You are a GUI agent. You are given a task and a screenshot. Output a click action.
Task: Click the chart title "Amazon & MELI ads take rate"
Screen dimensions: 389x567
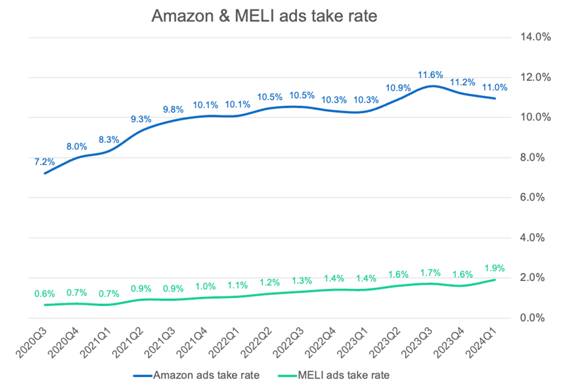[265, 16]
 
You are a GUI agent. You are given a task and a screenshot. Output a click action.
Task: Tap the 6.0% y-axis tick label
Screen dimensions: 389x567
[536, 197]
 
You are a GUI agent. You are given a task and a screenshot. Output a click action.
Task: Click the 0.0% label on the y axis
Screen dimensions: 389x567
[536, 318]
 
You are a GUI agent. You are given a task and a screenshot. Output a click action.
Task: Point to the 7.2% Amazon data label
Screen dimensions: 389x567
[45, 161]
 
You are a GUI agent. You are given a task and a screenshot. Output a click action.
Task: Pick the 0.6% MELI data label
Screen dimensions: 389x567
[45, 294]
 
